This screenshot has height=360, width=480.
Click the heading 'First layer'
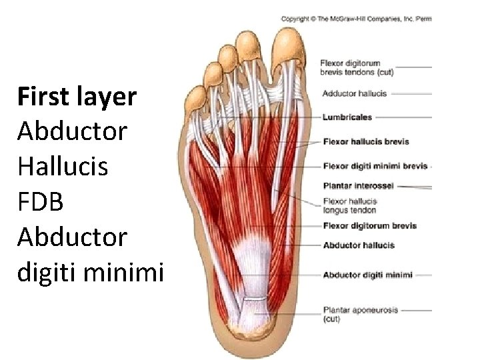click(77, 97)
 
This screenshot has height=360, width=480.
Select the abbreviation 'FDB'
click(41, 201)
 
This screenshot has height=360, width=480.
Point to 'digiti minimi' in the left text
click(90, 271)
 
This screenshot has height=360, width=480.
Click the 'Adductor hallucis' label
click(354, 94)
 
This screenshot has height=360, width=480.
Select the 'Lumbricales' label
click(347, 117)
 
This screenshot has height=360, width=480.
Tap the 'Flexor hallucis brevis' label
click(365, 141)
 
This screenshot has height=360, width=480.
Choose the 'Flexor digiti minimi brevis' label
click(375, 165)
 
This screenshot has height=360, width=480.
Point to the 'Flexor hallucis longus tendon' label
click(350, 205)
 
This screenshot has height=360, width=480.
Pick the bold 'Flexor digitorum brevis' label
click(369, 226)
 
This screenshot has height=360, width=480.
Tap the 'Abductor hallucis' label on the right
click(358, 245)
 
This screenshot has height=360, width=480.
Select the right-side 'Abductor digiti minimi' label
click(367, 275)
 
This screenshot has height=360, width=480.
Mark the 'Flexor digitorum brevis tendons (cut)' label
click(357, 67)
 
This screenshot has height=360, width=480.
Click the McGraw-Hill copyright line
click(356, 19)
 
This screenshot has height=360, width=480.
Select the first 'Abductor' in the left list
click(72, 131)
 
